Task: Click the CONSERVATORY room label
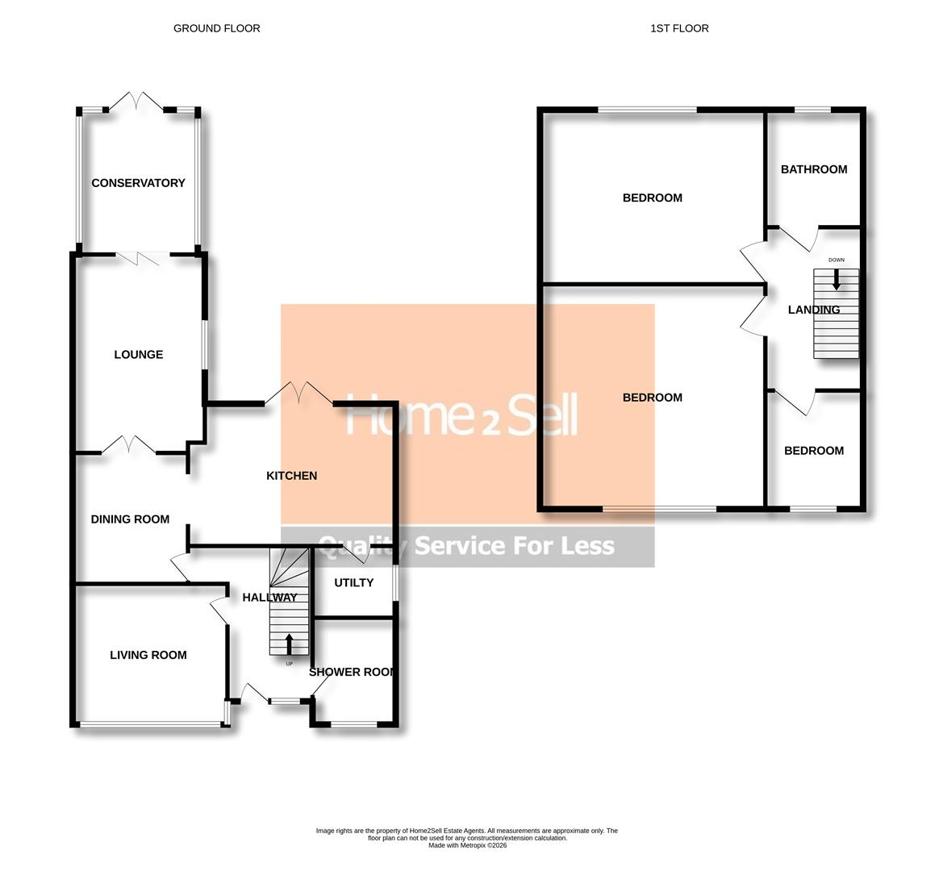pos(138,183)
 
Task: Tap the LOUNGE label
pos(138,355)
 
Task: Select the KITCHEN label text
pos(291,476)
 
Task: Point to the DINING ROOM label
pos(130,519)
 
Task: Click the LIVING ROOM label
pos(148,656)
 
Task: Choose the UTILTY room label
pos(353,582)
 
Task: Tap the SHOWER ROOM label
pos(353,672)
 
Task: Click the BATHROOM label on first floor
pos(813,169)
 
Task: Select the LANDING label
pos(813,310)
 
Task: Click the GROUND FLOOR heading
pos(216,28)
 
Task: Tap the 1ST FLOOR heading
pos(679,28)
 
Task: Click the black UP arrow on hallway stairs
pos(289,644)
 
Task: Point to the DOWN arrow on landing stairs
pos(836,278)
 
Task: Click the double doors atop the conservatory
pos(138,102)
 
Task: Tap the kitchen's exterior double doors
pos(298,393)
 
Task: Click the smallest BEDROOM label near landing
pos(813,451)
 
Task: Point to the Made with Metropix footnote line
pos(466,845)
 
